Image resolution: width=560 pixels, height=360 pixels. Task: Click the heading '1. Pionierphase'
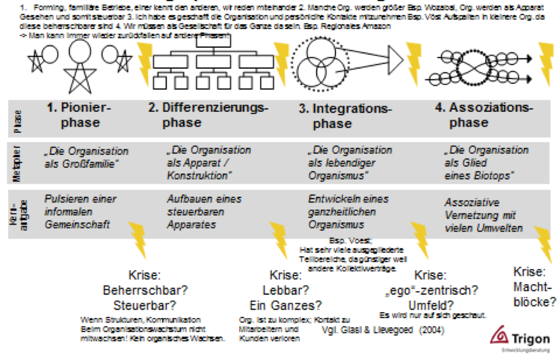[x=80, y=115]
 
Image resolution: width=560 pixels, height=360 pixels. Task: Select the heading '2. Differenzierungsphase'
[x=207, y=115]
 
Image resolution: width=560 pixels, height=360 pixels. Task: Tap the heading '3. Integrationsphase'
[x=345, y=116]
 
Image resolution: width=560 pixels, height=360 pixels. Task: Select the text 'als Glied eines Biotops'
[x=479, y=170]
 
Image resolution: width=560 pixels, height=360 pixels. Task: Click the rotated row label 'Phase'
[x=18, y=121]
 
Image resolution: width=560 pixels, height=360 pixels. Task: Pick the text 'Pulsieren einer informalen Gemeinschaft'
[x=80, y=212]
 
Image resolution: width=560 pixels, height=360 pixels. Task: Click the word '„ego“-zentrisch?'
[x=432, y=291]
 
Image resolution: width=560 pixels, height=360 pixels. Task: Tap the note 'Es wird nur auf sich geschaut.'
[x=433, y=315]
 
